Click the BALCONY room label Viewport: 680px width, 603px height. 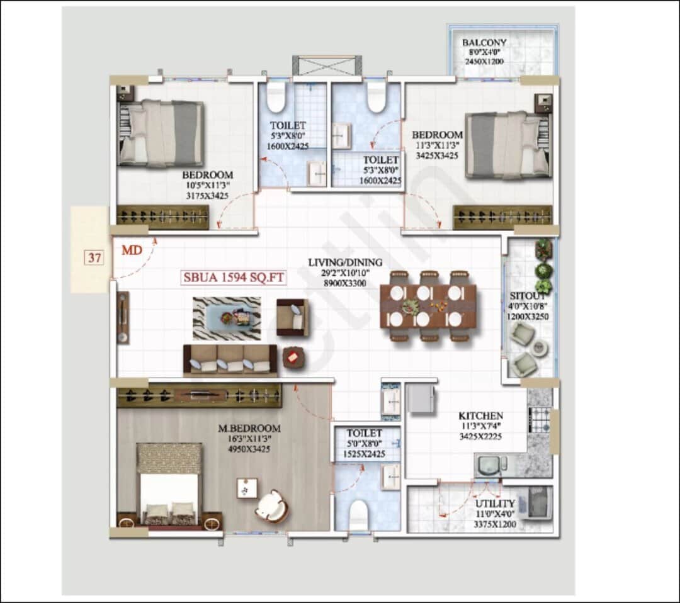(484, 43)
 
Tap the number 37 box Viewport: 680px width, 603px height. (94, 259)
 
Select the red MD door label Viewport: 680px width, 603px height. (131, 251)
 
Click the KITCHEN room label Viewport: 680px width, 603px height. (480, 416)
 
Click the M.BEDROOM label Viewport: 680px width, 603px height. (249, 429)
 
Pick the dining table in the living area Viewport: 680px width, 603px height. (428, 306)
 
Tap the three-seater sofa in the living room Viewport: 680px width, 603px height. (230, 361)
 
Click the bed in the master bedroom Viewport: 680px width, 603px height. (169, 485)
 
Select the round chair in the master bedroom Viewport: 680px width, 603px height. (272, 506)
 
